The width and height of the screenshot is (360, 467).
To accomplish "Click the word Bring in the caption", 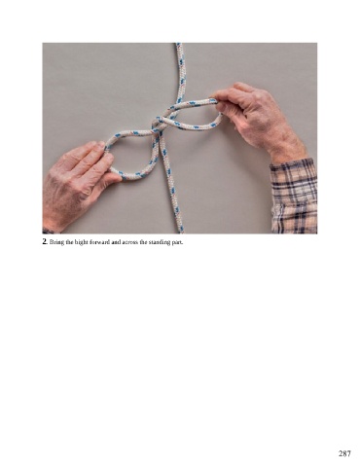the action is (x=54, y=242).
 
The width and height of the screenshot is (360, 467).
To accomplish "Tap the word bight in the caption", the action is (x=73, y=242).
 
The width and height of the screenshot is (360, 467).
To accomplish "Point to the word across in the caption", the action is (x=126, y=242).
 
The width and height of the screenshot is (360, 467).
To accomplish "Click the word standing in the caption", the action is (x=157, y=242).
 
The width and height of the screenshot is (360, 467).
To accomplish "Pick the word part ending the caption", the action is (x=175, y=242).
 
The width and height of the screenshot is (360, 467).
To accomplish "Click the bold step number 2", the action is (x=45, y=241).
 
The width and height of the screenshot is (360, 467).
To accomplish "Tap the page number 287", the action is (x=344, y=453).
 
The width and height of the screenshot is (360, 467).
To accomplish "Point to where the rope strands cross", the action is (x=159, y=126).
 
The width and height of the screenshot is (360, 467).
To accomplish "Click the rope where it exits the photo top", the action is (x=179, y=45).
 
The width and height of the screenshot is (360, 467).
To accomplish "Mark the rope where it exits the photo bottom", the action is (x=180, y=231).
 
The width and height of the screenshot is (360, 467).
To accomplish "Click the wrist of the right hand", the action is (x=285, y=148).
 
